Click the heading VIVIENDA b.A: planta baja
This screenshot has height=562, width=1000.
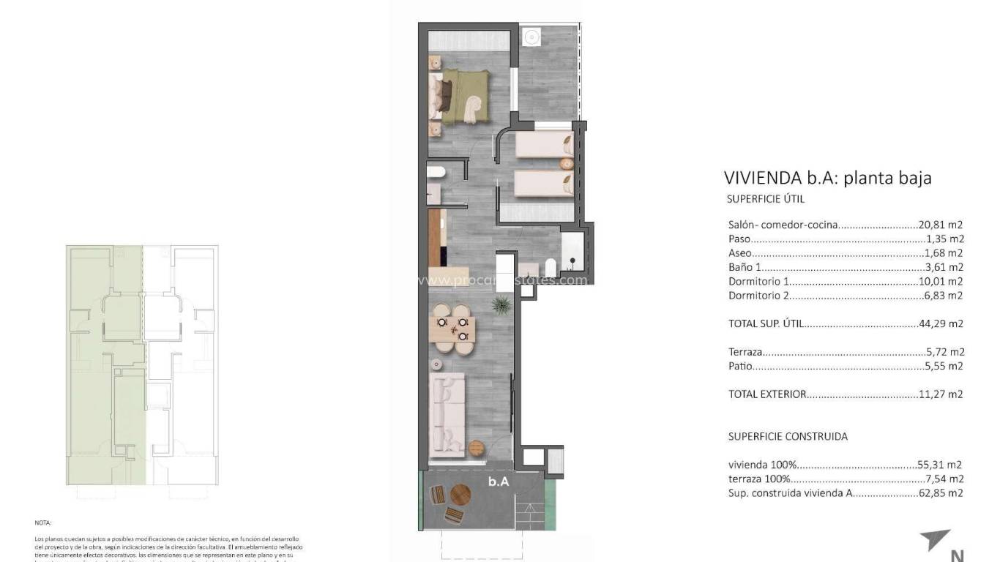827,178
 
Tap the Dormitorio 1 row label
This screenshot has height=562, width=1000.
758,282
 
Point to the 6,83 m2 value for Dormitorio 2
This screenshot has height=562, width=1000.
943,296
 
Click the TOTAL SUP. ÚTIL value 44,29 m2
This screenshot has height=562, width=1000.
941,323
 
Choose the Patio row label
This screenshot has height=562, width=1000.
740,366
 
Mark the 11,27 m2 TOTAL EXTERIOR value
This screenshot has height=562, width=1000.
941,394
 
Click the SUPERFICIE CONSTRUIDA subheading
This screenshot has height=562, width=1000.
788,436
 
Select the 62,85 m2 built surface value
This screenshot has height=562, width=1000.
941,493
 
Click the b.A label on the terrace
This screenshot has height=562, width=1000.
499,482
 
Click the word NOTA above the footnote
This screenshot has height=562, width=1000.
43,523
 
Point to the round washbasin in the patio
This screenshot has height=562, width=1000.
531,37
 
